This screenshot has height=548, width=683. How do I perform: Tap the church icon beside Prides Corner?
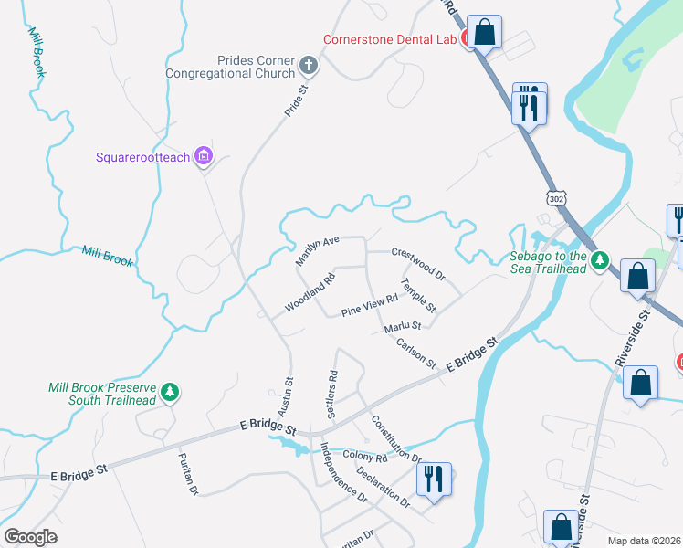click(x=310, y=67)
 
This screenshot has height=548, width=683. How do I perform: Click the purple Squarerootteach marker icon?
click(x=204, y=157)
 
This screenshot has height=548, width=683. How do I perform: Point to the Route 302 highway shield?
click(x=557, y=198)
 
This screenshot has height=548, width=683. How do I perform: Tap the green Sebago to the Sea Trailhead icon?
click(x=599, y=261)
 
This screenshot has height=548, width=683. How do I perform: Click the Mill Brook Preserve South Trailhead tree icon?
click(x=169, y=393)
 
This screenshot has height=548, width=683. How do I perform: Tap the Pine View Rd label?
click(x=370, y=306)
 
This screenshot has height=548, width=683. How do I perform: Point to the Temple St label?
click(x=419, y=295)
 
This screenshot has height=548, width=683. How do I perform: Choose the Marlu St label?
click(x=402, y=325)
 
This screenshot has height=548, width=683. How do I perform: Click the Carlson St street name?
click(x=416, y=353)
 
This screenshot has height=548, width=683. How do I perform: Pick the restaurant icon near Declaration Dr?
click(x=432, y=479)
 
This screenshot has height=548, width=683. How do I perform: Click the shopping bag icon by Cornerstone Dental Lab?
click(x=485, y=32)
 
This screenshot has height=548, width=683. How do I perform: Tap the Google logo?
click(x=31, y=537)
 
